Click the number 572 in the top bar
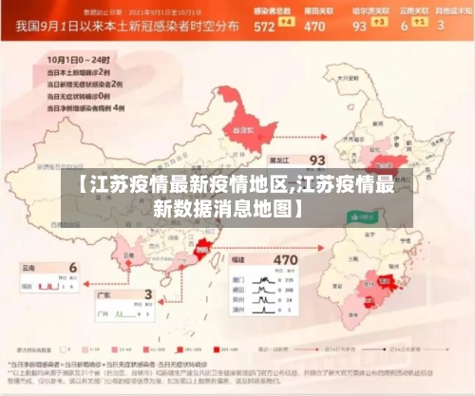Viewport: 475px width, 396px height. pyautogui.click(x=264, y=27)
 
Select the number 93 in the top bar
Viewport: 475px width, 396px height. pyautogui.click(x=359, y=27)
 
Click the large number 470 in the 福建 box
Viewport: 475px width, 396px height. pyautogui.click(x=285, y=232)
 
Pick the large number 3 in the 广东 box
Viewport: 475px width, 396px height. pyautogui.click(x=146, y=295)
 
